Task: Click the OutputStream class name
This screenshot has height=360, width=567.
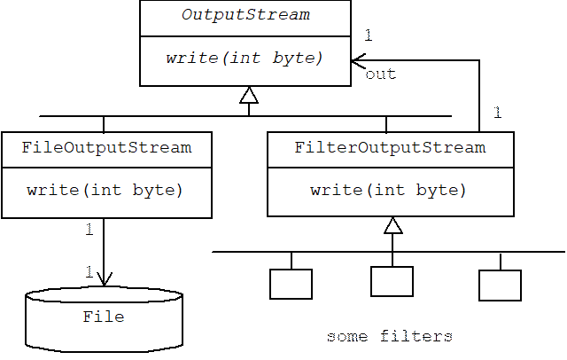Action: pyautogui.click(x=245, y=16)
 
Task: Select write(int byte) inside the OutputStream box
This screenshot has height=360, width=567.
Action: pyautogui.click(x=245, y=58)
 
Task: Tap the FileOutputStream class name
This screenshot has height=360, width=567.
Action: pyautogui.click(x=106, y=147)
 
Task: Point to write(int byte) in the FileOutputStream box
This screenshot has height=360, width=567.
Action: pyautogui.click(x=105, y=190)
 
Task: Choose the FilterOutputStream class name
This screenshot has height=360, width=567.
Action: pyautogui.click(x=390, y=147)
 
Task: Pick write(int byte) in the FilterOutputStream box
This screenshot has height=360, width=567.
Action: pyautogui.click(x=389, y=190)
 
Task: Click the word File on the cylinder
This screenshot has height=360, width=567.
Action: pyautogui.click(x=104, y=317)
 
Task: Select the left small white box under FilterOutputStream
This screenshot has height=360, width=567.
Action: pyautogui.click(x=291, y=284)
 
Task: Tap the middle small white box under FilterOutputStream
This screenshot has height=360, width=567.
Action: pyautogui.click(x=392, y=281)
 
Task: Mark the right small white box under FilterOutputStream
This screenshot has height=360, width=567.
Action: pyautogui.click(x=500, y=286)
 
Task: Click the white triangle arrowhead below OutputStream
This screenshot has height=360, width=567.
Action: pyautogui.click(x=249, y=96)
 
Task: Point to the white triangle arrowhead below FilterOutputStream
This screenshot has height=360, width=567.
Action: pyautogui.click(x=392, y=226)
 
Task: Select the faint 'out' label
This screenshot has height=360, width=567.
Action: pyautogui.click(x=381, y=74)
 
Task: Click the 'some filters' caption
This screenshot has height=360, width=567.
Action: pyautogui.click(x=390, y=337)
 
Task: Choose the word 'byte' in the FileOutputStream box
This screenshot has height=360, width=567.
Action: pyautogui.click(x=159, y=190)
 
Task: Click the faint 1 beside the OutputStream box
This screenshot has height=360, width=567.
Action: pyautogui.click(x=369, y=35)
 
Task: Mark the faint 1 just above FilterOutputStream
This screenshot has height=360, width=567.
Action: pyautogui.click(x=497, y=113)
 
